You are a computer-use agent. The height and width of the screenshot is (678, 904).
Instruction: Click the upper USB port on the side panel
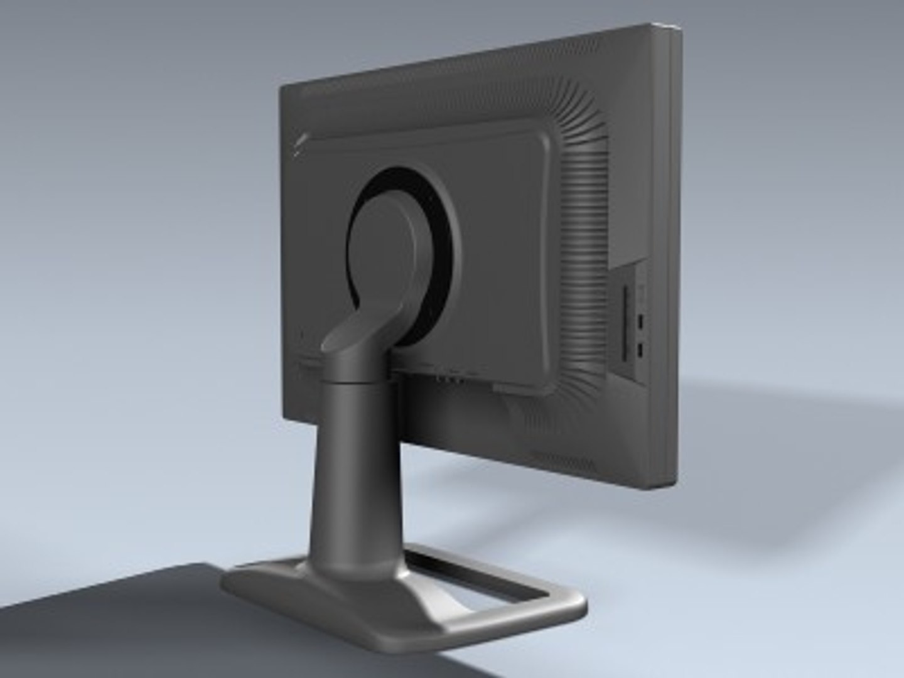(640, 322)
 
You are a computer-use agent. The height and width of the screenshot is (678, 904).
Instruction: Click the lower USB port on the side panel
(640, 349)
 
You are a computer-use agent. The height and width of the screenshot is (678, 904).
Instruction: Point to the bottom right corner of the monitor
(672, 487)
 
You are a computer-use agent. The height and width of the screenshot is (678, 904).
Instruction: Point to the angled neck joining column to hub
(358, 326)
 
